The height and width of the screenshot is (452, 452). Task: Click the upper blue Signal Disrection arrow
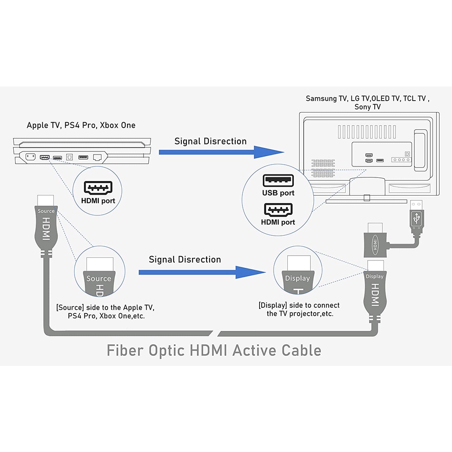click(x=221, y=152)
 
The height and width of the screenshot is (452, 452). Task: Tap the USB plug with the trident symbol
click(x=417, y=217)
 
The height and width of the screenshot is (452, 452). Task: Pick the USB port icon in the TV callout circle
click(x=278, y=181)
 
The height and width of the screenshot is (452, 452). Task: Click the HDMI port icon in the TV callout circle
click(x=278, y=210)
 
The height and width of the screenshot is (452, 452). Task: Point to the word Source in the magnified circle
click(x=98, y=279)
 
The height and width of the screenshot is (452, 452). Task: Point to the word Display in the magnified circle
click(x=298, y=279)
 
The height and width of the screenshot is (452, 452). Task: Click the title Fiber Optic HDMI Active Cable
click(x=214, y=350)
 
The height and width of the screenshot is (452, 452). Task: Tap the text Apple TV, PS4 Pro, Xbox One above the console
click(x=81, y=125)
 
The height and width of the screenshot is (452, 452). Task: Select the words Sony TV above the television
click(x=368, y=107)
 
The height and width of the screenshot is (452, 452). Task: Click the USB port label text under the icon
click(x=278, y=193)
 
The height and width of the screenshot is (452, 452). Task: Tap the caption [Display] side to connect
click(x=299, y=305)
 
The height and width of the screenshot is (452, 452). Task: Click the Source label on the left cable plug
click(x=46, y=211)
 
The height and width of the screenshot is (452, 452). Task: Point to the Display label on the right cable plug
click(x=375, y=276)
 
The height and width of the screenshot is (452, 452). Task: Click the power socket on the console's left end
click(x=30, y=157)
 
